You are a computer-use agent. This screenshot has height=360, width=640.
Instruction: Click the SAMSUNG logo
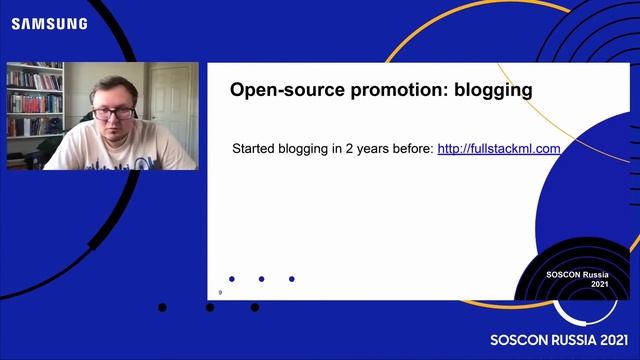tap(49, 23)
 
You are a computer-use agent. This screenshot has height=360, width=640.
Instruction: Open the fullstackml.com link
tap(498, 149)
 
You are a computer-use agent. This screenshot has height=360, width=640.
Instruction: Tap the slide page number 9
tap(219, 293)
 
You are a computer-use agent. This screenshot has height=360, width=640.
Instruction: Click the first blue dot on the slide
tap(232, 279)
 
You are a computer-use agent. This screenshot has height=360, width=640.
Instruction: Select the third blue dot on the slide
tap(292, 279)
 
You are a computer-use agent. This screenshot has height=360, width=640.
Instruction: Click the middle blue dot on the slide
tap(262, 279)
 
